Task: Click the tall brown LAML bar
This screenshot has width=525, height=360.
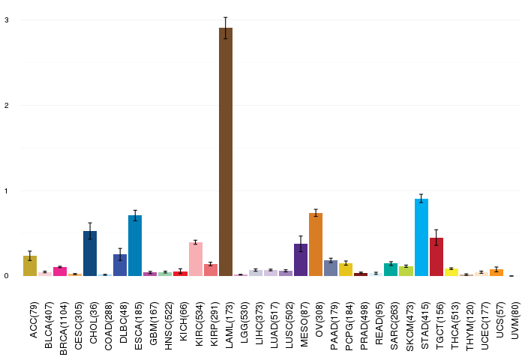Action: pyautogui.click(x=226, y=151)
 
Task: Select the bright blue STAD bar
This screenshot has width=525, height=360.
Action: pyautogui.click(x=421, y=237)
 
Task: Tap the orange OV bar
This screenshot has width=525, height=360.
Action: pyautogui.click(x=316, y=244)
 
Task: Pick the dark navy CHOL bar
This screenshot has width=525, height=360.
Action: pyautogui.click(x=90, y=253)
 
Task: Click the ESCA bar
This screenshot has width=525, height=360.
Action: pyautogui.click(x=135, y=245)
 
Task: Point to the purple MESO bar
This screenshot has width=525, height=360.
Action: pyautogui.click(x=301, y=259)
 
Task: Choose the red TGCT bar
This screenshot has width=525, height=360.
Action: pyautogui.click(x=436, y=256)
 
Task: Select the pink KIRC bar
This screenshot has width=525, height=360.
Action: pyautogui.click(x=196, y=259)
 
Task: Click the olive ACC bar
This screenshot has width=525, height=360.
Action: pyautogui.click(x=30, y=265)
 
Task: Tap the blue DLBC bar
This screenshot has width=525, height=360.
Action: pyautogui.click(x=120, y=265)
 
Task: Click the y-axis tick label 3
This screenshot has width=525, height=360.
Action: pyautogui.click(x=6, y=20)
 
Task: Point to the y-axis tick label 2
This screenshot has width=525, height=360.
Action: pyautogui.click(x=6, y=106)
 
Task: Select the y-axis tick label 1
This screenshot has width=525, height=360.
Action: pyautogui.click(x=6, y=191)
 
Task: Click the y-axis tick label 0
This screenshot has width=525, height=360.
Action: pyautogui.click(x=6, y=276)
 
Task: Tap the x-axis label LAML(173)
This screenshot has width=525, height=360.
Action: pyautogui.click(x=229, y=325)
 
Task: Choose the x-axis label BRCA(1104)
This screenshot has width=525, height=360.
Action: pyautogui.click(x=64, y=328)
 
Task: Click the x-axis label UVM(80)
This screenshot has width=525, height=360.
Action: pyautogui.click(x=515, y=320)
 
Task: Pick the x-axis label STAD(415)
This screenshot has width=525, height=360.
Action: pyautogui.click(x=425, y=325)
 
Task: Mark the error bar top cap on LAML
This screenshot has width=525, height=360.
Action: pyautogui.click(x=226, y=17)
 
